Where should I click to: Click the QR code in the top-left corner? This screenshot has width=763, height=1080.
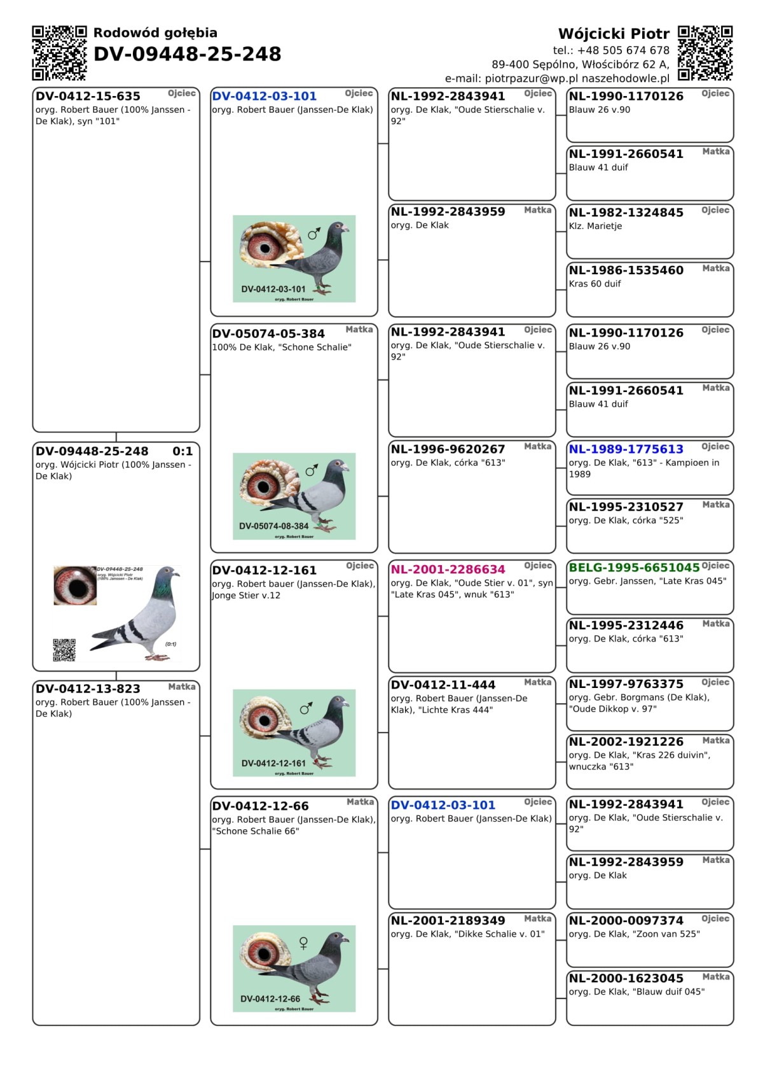tap(59, 53)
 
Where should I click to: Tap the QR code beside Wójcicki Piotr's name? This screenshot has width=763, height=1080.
tap(705, 53)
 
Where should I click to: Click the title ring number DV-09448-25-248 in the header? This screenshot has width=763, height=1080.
tap(187, 54)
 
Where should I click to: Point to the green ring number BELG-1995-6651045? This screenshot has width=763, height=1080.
tap(634, 567)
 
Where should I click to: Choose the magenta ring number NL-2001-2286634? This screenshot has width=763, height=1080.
tap(448, 570)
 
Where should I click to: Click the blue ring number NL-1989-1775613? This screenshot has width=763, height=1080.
tap(626, 449)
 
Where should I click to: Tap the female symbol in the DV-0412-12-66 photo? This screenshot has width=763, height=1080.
tap(303, 943)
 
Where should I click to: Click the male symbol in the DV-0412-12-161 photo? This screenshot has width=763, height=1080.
tap(306, 708)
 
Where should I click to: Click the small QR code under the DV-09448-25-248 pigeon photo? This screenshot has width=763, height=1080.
tap(64, 650)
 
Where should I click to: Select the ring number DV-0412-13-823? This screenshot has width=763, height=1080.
tap(88, 689)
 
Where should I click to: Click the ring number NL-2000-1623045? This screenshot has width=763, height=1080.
tap(626, 978)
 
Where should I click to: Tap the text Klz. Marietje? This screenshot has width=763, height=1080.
tap(595, 226)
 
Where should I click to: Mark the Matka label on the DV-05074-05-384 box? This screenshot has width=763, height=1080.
tap(359, 330)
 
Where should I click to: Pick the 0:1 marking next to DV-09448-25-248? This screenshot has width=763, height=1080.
tap(182, 451)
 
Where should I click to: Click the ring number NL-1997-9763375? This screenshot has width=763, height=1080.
tap(626, 684)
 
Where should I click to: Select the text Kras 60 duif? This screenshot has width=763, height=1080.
tap(595, 284)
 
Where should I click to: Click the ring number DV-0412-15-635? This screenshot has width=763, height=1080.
tap(88, 97)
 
